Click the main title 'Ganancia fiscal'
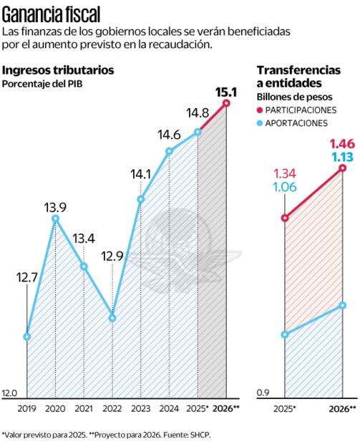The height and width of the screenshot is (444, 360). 51,13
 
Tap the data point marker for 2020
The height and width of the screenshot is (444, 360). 55,219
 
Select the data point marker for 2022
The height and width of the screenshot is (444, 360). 112,317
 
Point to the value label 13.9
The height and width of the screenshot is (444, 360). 55,208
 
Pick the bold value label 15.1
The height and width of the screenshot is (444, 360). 227,91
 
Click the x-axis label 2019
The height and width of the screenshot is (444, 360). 26,408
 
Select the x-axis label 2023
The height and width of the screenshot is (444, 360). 140,408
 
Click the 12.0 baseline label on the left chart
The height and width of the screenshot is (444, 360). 9,393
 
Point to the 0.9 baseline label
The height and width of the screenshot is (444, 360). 262,393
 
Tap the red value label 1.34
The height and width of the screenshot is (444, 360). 286,174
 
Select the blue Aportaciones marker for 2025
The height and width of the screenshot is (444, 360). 285,334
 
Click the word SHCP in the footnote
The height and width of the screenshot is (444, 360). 200,434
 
